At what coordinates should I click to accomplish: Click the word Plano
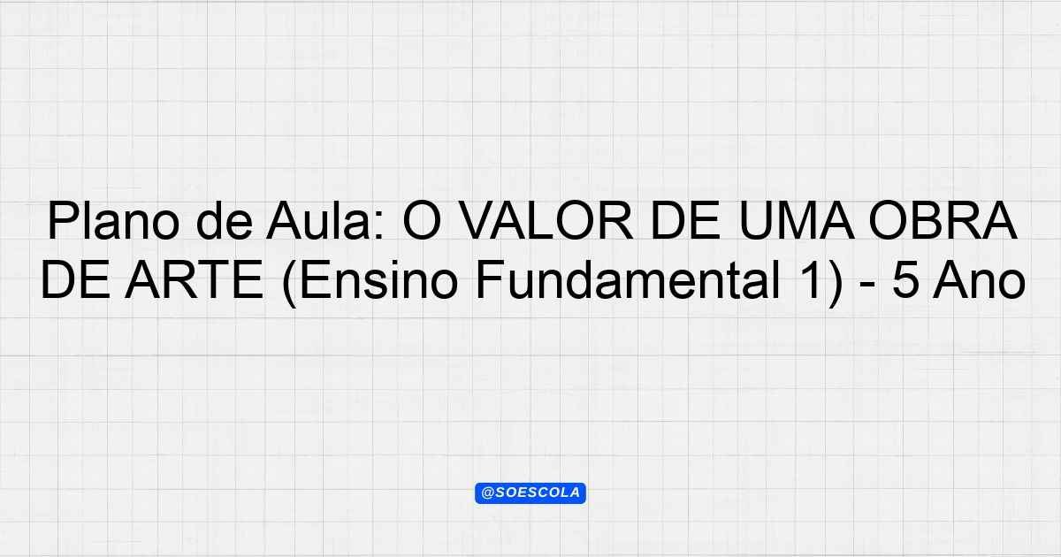point(114,221)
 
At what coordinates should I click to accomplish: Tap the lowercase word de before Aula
point(225,220)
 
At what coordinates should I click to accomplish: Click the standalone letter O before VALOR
point(423,221)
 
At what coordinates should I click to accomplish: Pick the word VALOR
point(547,221)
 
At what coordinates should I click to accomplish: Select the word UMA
point(797,221)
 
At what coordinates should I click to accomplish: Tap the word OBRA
point(943,221)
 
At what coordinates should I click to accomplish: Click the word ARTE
point(194,279)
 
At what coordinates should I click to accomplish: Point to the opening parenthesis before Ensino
point(289,283)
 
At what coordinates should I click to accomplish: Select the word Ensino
point(378,279)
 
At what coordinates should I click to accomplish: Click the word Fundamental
point(628,279)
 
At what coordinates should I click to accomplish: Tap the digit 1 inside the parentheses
point(811,279)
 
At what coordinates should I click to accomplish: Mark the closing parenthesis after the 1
point(836,283)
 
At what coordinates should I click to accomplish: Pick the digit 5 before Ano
point(905,280)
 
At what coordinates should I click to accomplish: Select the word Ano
point(979,279)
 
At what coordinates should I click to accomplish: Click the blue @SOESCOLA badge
point(530,493)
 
